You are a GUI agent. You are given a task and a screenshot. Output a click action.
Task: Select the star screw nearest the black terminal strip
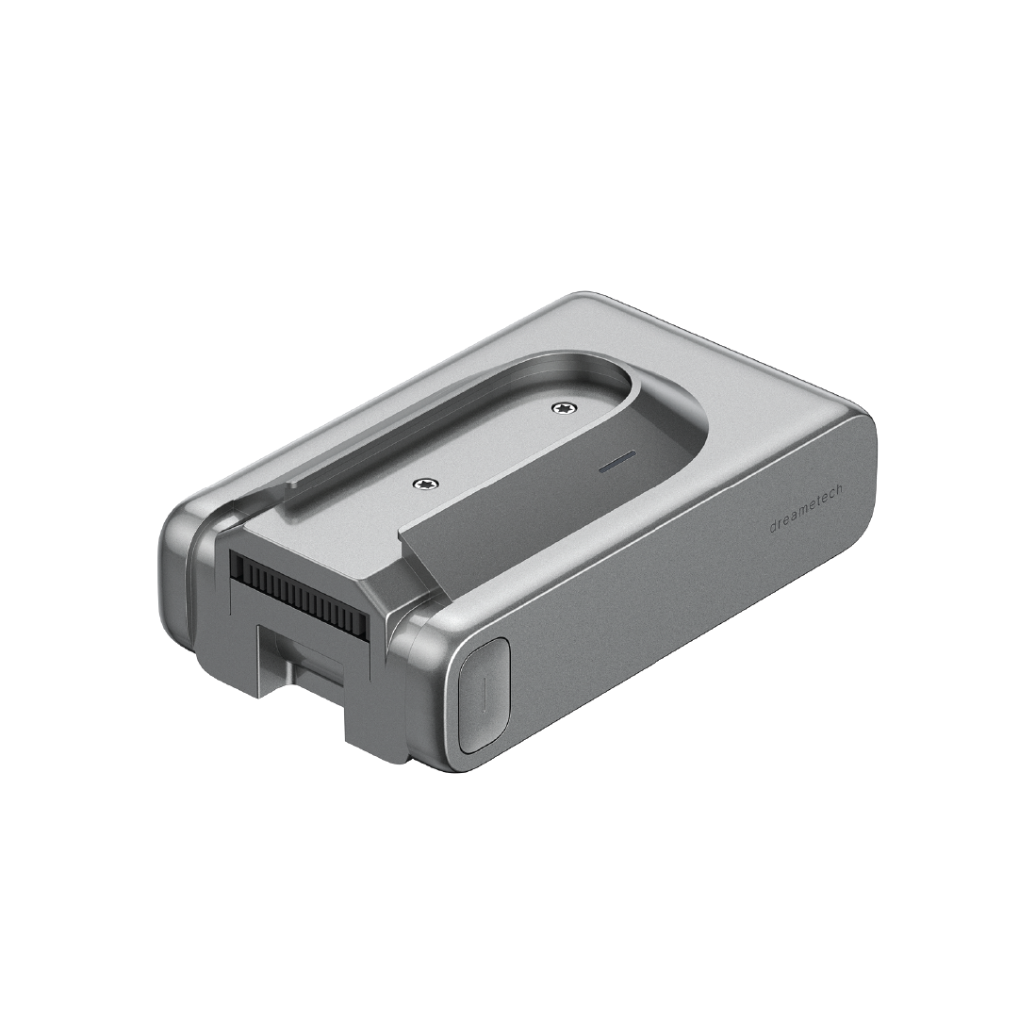(x=427, y=483)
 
